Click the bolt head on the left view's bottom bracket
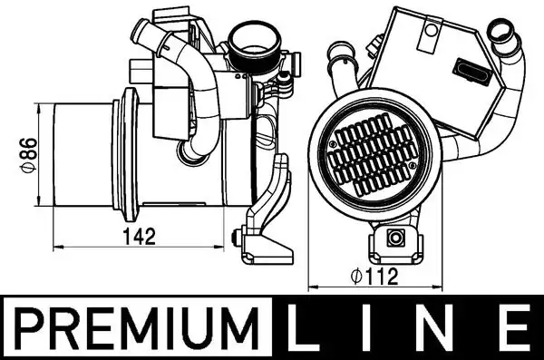tap(237, 240)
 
